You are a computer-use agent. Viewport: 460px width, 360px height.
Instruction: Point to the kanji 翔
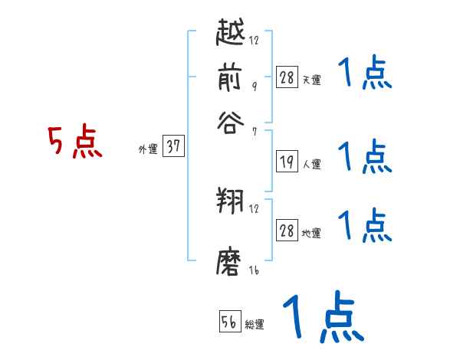point(230,201)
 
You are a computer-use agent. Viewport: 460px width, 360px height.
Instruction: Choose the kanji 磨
point(230,260)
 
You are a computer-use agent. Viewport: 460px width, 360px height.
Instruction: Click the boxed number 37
point(173,148)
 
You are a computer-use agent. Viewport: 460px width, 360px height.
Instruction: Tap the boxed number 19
point(287,162)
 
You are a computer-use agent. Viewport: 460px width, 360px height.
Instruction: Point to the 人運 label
point(311,164)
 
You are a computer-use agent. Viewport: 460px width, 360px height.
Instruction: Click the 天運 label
point(311,80)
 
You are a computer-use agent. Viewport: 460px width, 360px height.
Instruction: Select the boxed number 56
point(228,322)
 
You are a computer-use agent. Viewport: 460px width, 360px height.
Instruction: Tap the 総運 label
point(255,325)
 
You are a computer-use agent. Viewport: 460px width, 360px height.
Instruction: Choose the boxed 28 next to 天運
point(287,77)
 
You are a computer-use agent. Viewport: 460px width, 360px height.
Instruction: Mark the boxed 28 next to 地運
point(287,231)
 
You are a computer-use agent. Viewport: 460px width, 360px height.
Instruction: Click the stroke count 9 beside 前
point(253,87)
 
